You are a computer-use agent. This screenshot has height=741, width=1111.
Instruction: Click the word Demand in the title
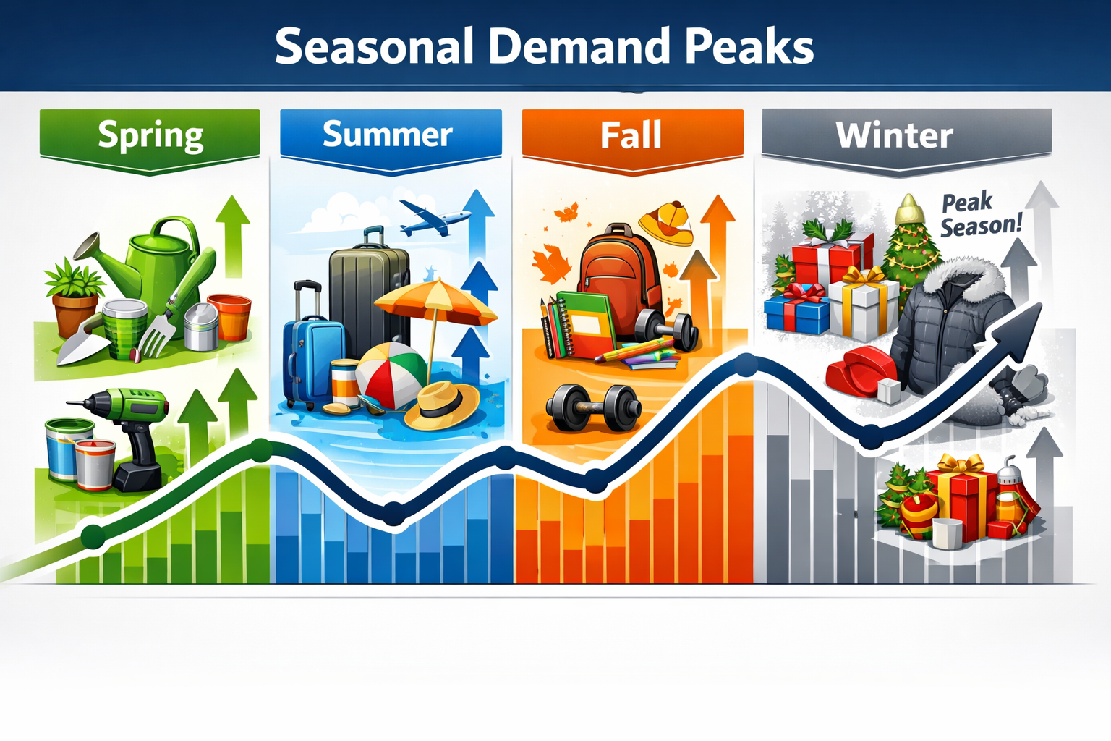point(579,47)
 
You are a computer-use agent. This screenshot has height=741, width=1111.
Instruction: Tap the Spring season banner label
point(150,135)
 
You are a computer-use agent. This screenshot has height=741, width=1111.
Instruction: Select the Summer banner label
point(388,135)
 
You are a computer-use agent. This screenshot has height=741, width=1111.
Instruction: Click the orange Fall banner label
point(631,135)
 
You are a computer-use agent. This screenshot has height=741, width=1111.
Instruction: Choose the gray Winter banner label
point(895,135)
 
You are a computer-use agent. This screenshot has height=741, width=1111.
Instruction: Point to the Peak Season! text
point(980,214)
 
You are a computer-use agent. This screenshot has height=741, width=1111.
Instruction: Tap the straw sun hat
point(441,405)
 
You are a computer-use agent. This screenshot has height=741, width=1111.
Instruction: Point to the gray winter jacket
point(951,326)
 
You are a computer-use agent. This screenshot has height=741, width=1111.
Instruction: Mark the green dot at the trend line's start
point(93,537)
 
